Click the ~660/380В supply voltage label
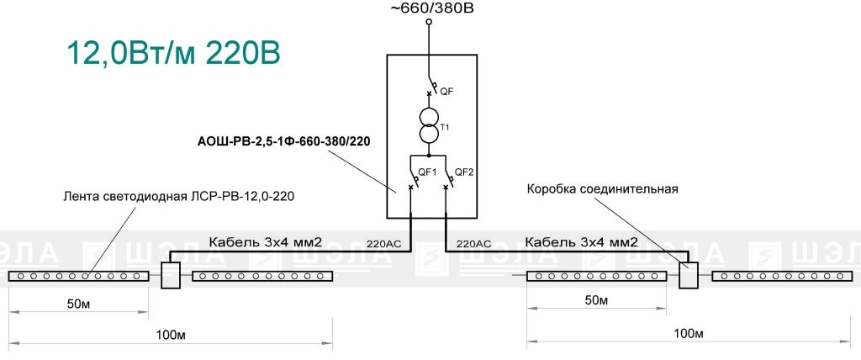pyautogui.click(x=431, y=8)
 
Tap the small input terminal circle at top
pyautogui.click(x=429, y=21)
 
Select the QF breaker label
pyautogui.click(x=446, y=92)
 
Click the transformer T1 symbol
pyautogui.click(x=429, y=126)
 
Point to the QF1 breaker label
pyautogui.click(x=426, y=172)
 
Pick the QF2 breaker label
pyautogui.click(x=464, y=172)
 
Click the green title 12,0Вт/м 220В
pyautogui.click(x=173, y=53)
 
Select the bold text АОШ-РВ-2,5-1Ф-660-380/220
pyautogui.click(x=284, y=142)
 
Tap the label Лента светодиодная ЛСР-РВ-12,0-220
pyautogui.click(x=179, y=196)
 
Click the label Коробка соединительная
pyautogui.click(x=603, y=189)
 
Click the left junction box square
pyautogui.click(x=170, y=275)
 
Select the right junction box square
pyautogui.click(x=688, y=275)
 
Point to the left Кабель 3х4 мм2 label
pyautogui.click(x=265, y=241)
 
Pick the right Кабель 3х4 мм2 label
pyautogui.click(x=582, y=242)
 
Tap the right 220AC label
pyautogui.click(x=474, y=243)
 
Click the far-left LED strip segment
pyautogui.click(x=78, y=276)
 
